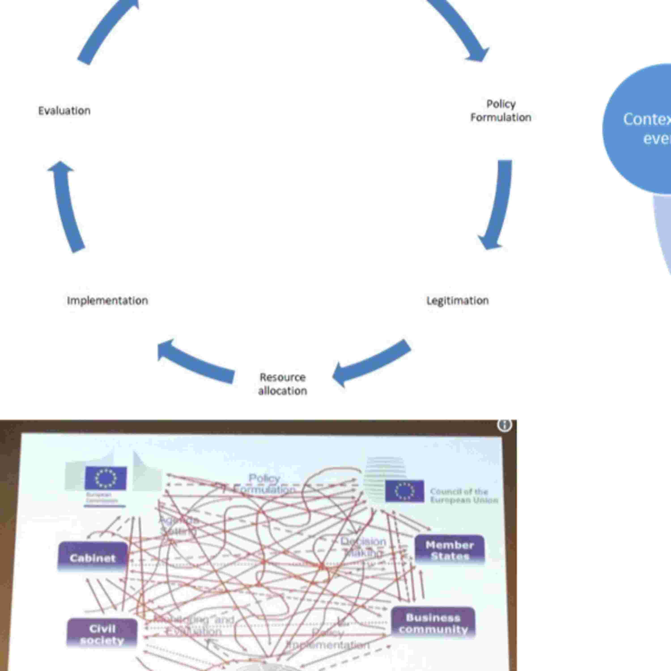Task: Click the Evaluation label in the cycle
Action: click(x=64, y=111)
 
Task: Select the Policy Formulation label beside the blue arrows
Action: click(x=501, y=111)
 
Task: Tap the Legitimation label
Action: click(x=457, y=300)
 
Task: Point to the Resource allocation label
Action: click(x=282, y=384)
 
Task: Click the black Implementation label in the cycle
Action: click(x=107, y=300)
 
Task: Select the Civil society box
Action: click(x=102, y=634)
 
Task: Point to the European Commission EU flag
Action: click(x=106, y=478)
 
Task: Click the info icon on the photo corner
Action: click(x=504, y=425)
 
